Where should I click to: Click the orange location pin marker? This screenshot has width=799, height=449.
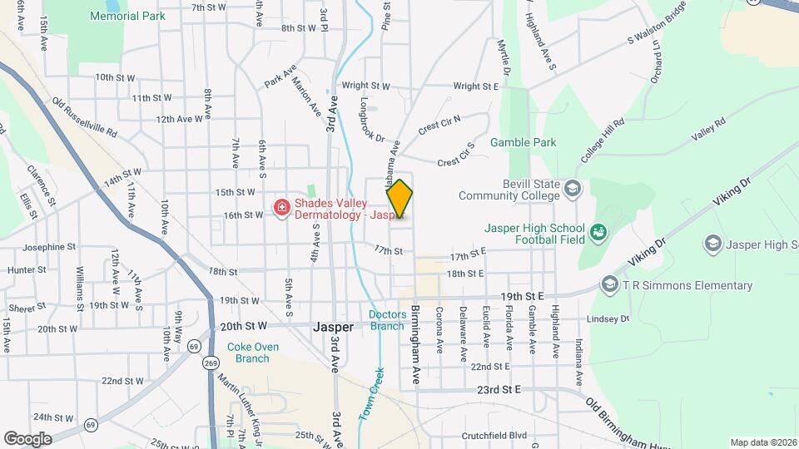[x=399, y=199]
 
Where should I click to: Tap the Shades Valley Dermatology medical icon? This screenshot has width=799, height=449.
[x=281, y=207]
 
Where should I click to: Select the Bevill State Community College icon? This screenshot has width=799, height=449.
[x=572, y=190]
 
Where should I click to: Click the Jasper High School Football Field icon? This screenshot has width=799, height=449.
[x=598, y=231]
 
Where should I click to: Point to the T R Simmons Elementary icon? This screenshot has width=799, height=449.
[x=609, y=286]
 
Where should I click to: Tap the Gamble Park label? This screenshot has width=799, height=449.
[x=523, y=142]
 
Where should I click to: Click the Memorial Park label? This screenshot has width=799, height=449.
[x=127, y=16]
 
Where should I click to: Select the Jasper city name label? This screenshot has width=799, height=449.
[x=333, y=327]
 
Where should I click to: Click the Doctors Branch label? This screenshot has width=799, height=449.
[x=387, y=319]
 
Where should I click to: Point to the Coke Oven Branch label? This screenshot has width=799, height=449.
[x=248, y=352]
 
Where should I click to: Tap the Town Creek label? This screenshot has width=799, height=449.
[x=371, y=394]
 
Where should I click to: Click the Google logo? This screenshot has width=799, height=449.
[x=27, y=438]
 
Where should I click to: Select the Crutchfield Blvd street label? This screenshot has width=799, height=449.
[x=494, y=435]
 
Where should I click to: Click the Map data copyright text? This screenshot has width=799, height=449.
[x=762, y=442]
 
